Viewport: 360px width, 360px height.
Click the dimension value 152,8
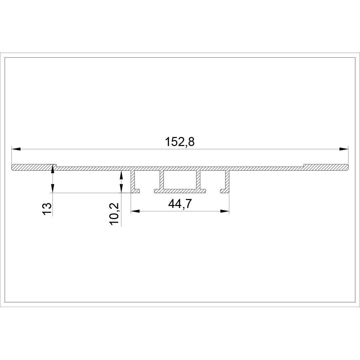tap(180, 142)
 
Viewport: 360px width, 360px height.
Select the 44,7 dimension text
tap(180, 204)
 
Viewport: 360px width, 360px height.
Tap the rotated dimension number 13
tap(47, 208)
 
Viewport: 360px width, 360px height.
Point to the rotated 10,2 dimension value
tap(114, 214)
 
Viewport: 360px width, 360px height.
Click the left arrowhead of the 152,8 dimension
tap(16, 149)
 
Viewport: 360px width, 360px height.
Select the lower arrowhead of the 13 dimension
tap(53, 188)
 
